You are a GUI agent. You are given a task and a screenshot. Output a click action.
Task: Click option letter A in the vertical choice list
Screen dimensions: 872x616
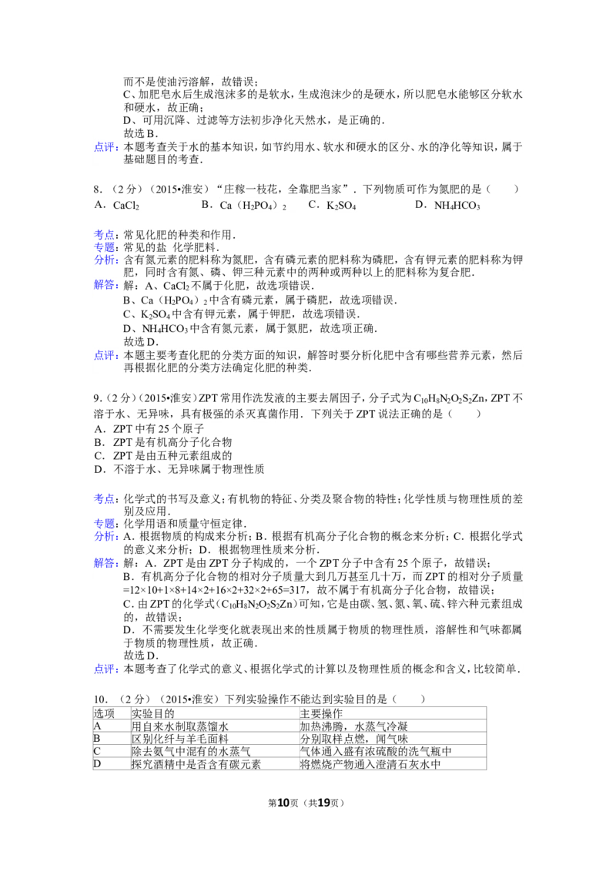[x=99, y=428]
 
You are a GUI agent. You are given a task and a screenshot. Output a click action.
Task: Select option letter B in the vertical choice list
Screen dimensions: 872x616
[x=99, y=442]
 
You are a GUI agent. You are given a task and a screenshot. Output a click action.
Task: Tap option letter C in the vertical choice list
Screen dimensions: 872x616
[x=99, y=455]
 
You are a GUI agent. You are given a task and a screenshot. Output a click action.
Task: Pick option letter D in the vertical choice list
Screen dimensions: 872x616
[x=99, y=468]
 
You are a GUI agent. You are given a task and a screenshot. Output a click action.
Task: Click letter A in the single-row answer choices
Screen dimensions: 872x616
[x=99, y=205]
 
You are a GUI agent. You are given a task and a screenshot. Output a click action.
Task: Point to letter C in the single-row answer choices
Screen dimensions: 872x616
[x=313, y=205]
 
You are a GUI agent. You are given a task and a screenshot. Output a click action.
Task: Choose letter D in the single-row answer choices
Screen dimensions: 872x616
[x=419, y=205]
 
